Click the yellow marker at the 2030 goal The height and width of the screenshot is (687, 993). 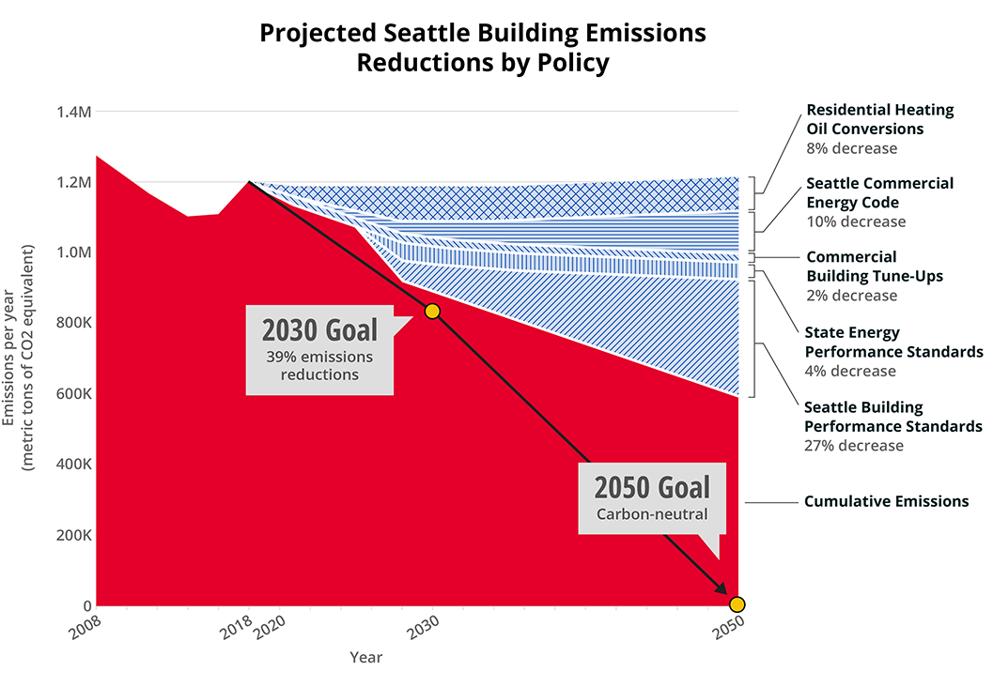pyautogui.click(x=432, y=311)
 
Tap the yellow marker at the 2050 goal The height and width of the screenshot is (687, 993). pyautogui.click(x=737, y=603)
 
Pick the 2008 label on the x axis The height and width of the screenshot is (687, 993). pyautogui.click(x=85, y=630)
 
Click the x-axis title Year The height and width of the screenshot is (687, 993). pyautogui.click(x=366, y=657)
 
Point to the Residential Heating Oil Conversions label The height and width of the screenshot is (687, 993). pyautogui.click(x=879, y=119)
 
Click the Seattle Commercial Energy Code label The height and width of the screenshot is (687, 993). pyautogui.click(x=879, y=192)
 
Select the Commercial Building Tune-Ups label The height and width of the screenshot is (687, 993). pyautogui.click(x=874, y=267)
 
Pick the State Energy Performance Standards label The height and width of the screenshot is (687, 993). pyautogui.click(x=892, y=343)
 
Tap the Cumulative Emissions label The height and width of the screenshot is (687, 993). pyautogui.click(x=886, y=501)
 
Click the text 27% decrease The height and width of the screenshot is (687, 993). pyautogui.click(x=853, y=446)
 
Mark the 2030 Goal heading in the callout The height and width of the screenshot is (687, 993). pyautogui.click(x=319, y=330)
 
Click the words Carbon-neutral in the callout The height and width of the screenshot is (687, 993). pyautogui.click(x=652, y=514)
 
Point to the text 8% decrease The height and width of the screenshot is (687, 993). pyautogui.click(x=851, y=148)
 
